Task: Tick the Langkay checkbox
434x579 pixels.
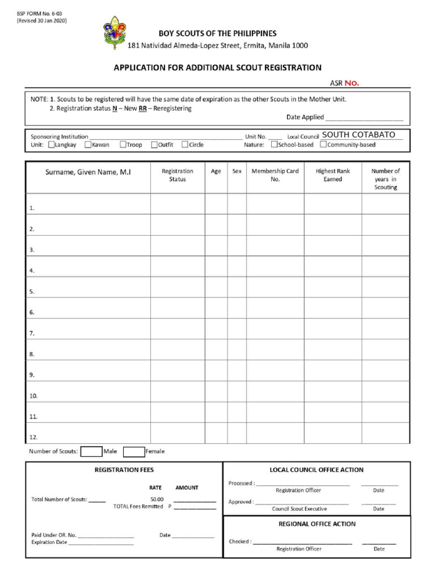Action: (x=51, y=145)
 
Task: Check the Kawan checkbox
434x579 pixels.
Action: (x=88, y=145)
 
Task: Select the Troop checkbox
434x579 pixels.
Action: (x=123, y=145)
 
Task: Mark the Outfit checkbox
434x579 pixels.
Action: (x=154, y=145)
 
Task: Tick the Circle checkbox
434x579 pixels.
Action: (x=185, y=145)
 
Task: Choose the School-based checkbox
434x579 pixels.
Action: (x=274, y=144)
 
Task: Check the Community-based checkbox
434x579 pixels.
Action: (x=323, y=144)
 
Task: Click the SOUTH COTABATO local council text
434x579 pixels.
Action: (x=358, y=135)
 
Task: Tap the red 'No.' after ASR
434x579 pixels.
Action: (x=351, y=83)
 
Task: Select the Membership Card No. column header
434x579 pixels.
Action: (x=275, y=175)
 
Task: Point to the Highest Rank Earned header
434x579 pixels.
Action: (x=333, y=175)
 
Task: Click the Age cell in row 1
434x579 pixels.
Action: (x=216, y=204)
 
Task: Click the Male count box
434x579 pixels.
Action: (x=91, y=451)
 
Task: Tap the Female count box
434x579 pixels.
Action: (x=134, y=451)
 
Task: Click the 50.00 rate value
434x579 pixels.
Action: (x=157, y=499)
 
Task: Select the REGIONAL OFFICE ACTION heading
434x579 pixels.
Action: (x=317, y=524)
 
